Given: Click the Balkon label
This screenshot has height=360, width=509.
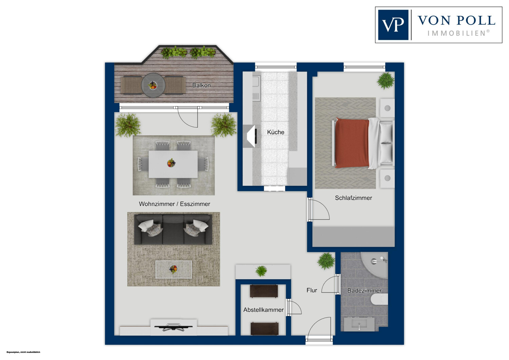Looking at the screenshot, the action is point(201,85).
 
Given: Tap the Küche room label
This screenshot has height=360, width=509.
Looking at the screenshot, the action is point(276,132).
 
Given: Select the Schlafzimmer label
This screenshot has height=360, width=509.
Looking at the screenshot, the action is point(353,198).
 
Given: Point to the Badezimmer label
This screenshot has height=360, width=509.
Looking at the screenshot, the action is point(364,290).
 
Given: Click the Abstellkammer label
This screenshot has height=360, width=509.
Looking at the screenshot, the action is point(263,310).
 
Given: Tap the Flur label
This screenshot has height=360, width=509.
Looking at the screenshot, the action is point(312,290).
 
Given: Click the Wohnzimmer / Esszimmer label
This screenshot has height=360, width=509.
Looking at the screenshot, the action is point(174,204).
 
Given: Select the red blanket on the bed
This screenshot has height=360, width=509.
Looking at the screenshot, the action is point(352,143).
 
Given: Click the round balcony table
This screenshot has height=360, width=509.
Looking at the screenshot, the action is point(153,85).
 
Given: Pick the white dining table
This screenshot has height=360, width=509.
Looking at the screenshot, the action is point(173,164).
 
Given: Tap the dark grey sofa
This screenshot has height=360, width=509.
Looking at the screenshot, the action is point(173,229).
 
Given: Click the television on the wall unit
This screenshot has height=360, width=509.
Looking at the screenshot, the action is point(174,327).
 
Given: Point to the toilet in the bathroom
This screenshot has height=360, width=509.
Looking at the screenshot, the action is point(379,299).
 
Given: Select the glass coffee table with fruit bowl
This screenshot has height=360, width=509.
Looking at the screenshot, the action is point(174,269).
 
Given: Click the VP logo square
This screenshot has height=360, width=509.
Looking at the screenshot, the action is point(393,25).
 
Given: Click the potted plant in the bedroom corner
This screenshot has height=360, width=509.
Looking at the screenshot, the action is point(385,80).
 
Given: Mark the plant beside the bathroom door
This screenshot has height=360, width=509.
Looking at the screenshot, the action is point(326,261).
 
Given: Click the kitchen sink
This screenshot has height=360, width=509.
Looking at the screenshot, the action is point(256,82).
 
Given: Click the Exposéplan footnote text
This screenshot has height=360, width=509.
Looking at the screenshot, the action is point(23,352).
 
